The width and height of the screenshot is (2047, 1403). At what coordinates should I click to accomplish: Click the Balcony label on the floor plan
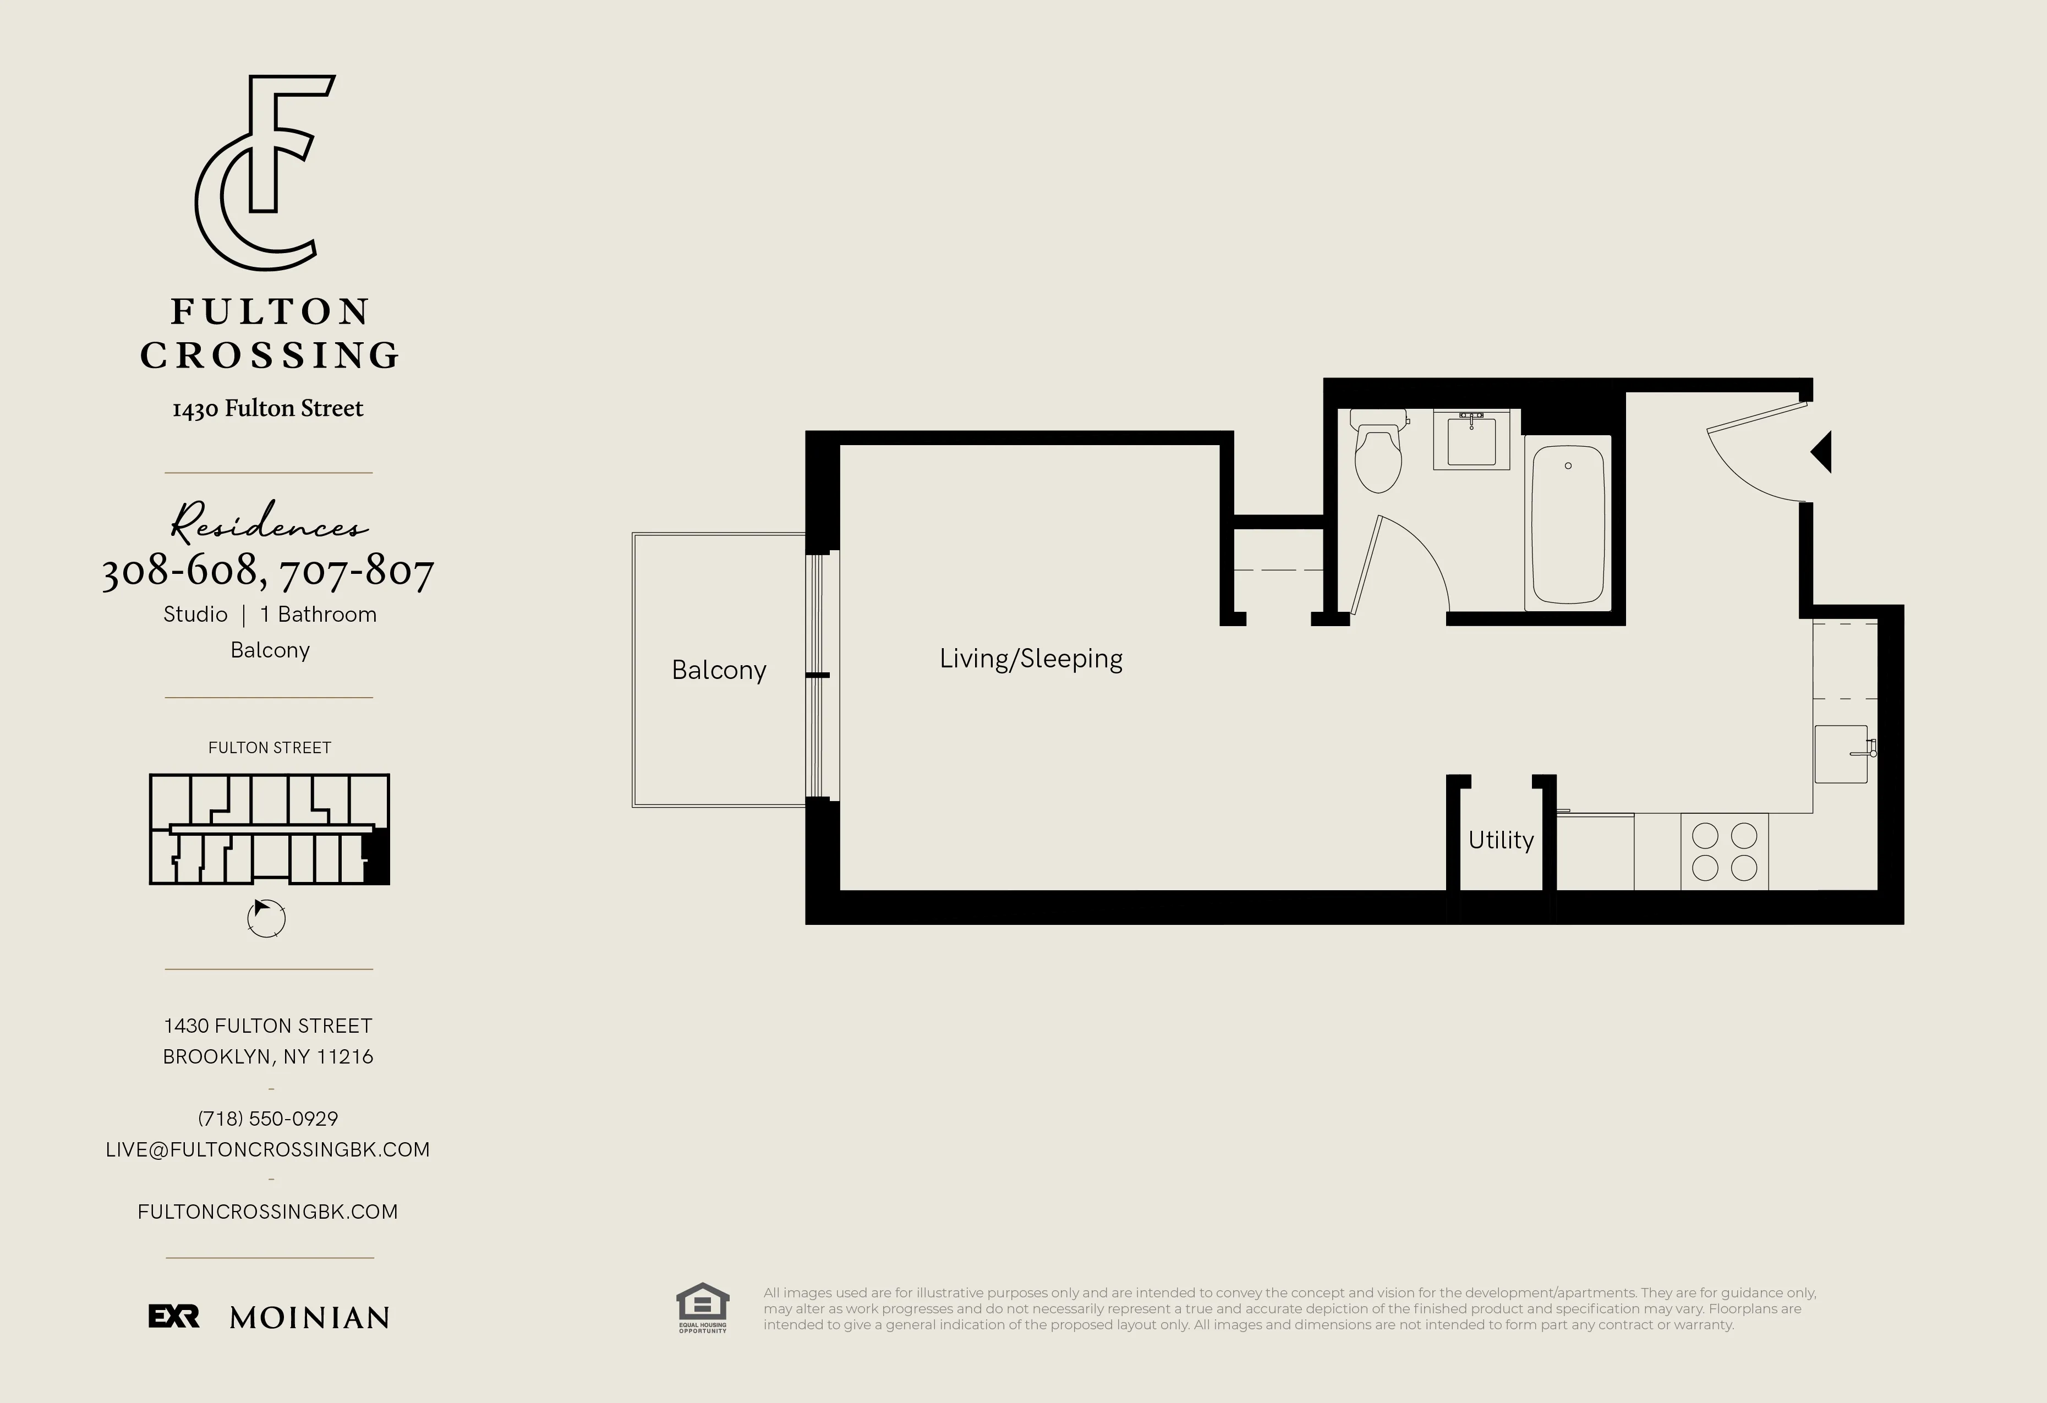coord(719,670)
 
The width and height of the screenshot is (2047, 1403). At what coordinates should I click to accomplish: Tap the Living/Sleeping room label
coord(1031,659)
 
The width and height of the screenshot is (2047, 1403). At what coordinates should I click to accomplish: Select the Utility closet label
coord(1501,840)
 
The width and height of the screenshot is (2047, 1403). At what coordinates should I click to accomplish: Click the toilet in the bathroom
coord(1377,453)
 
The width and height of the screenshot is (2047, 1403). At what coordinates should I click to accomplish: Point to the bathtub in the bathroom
coord(1568,523)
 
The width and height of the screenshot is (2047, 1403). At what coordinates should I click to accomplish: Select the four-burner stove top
coord(1725,852)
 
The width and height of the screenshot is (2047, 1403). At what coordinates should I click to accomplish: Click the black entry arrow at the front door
coord(1821,452)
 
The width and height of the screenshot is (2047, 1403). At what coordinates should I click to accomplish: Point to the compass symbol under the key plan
coord(266,918)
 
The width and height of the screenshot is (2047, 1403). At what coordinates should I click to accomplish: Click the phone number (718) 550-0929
coord(268,1119)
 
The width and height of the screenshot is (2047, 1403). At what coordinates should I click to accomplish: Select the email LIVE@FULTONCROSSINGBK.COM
coord(268,1149)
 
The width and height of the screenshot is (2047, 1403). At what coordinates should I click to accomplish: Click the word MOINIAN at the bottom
coord(309,1318)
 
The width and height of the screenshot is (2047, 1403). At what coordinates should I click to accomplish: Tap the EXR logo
coord(173,1317)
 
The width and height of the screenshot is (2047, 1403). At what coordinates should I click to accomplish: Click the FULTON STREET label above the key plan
coord(270,748)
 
